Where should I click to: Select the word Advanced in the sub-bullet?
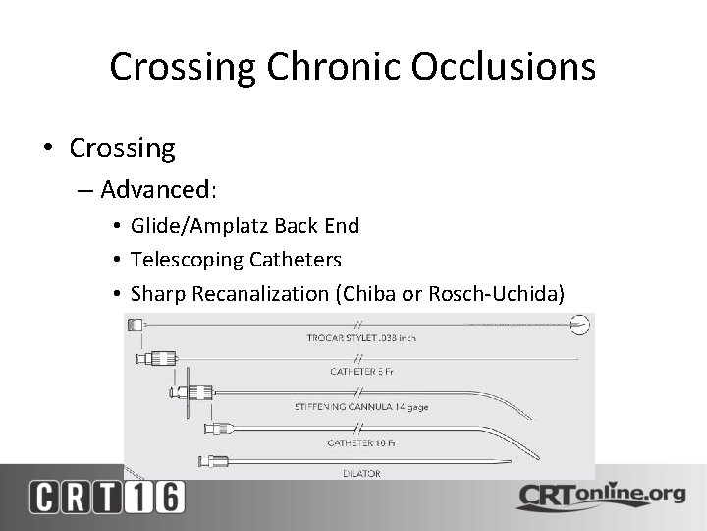point(156,188)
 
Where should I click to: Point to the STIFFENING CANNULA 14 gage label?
point(361,407)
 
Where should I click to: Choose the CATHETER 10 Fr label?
point(362,443)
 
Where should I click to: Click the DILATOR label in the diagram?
point(361,474)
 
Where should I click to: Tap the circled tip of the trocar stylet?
point(580,323)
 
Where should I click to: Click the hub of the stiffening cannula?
point(200,393)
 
